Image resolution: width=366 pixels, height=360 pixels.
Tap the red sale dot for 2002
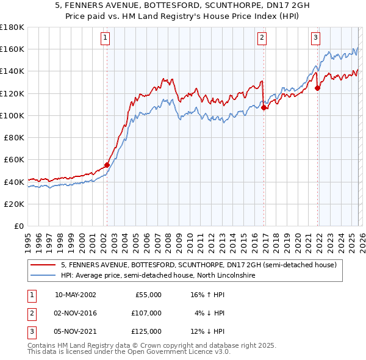107,165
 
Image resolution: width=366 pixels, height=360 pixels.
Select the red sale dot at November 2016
264,108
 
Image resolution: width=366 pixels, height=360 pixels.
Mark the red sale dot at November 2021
317,88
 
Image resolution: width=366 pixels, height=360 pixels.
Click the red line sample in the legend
43,265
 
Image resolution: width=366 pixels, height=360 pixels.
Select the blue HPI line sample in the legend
43,276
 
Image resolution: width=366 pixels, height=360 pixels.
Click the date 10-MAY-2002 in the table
75,295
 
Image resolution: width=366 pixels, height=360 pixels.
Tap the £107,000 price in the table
146,313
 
